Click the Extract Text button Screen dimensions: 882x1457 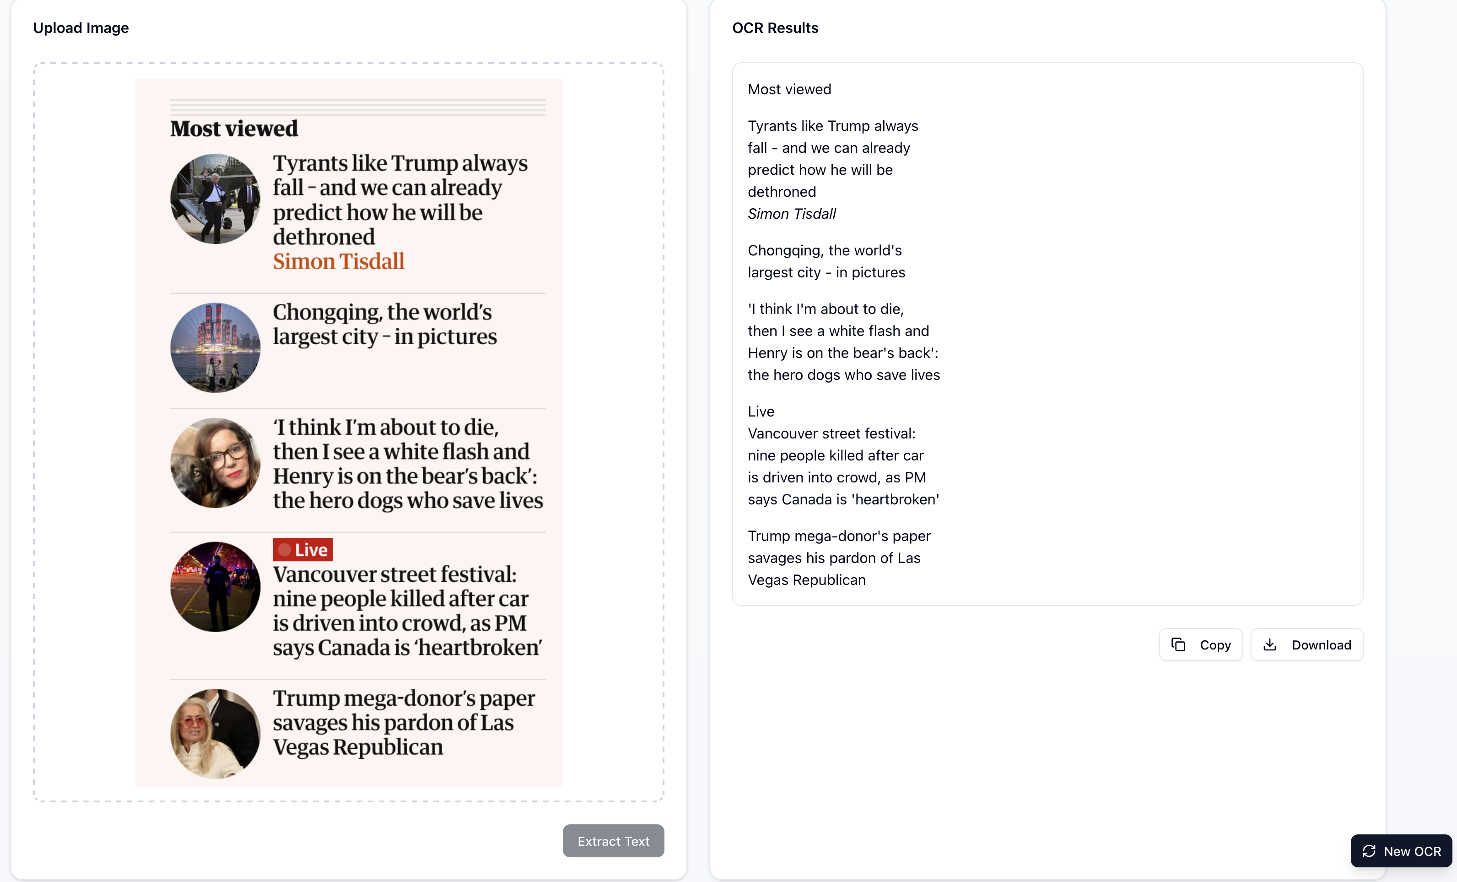pyautogui.click(x=613, y=841)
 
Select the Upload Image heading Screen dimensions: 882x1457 pyautogui.click(x=81, y=28)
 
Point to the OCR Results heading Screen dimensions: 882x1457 pyautogui.click(x=775, y=28)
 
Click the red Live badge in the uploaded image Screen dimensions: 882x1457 pyautogui.click(x=303, y=550)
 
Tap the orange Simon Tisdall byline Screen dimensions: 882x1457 pyautogui.click(x=338, y=261)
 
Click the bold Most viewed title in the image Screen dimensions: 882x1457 pyautogui.click(x=234, y=128)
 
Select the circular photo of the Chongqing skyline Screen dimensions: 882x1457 pyautogui.click(x=215, y=348)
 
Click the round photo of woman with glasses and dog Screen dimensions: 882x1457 pyautogui.click(x=215, y=463)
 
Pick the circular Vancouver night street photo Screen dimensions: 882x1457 pyautogui.click(x=215, y=587)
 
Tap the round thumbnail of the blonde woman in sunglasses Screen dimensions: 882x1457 pyautogui.click(x=215, y=734)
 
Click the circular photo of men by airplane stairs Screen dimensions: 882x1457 pyautogui.click(x=215, y=199)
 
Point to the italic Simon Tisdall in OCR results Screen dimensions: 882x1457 pyautogui.click(x=792, y=214)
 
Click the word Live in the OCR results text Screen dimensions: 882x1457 pyautogui.click(x=761, y=411)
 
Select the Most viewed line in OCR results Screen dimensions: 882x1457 pyautogui.click(x=789, y=89)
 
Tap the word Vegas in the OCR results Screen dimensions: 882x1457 pyautogui.click(x=768, y=580)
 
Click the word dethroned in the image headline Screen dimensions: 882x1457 pyautogui.click(x=324, y=237)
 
